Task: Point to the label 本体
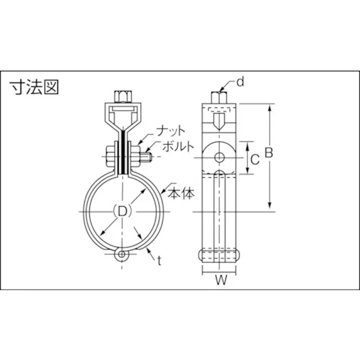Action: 181,193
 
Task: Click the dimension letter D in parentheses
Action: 122,211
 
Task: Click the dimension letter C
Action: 255,160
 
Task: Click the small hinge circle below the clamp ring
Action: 121,255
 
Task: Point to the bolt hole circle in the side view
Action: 219,158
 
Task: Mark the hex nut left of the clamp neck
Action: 110,156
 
